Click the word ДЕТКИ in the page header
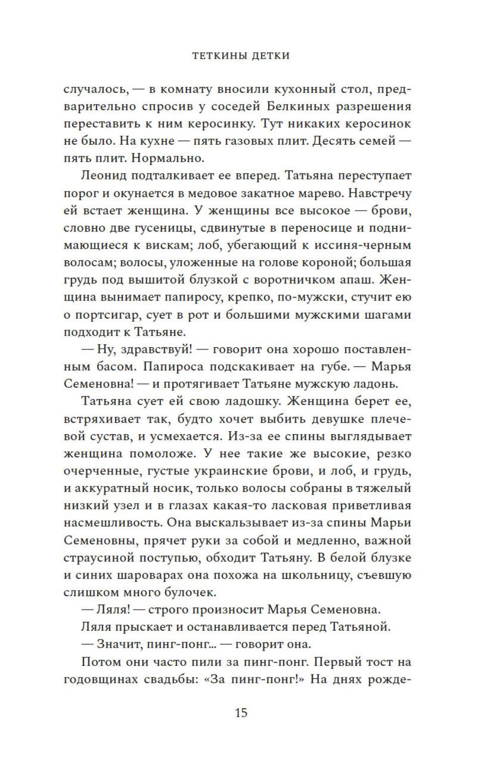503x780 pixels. [268, 56]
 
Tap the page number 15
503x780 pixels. [241, 712]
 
